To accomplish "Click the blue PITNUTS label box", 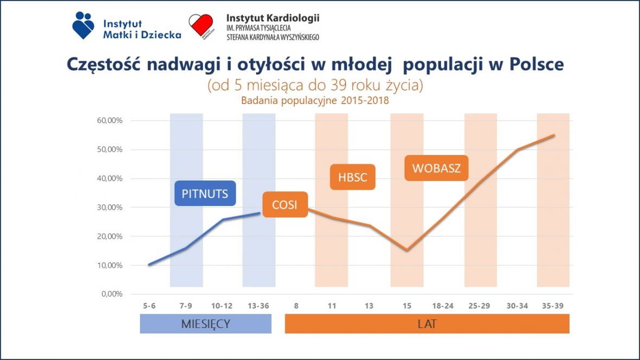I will pos(205,194).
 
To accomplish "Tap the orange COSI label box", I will pos(285,205).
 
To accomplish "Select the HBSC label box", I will pos(353,177).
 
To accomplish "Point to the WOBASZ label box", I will pos(436,168).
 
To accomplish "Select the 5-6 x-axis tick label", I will pos(150,306).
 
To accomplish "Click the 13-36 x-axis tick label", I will pos(259,306).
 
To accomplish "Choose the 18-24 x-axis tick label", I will pos(443,306).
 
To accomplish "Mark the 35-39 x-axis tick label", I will pos(552,306).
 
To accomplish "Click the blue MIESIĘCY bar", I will pos(206,324).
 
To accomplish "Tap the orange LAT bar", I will pos(427,324).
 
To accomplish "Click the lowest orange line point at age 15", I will pos(407,250).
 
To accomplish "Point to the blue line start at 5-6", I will pos(150,265).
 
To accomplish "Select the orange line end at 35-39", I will pos(554,135).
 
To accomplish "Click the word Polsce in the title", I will pos(536,64).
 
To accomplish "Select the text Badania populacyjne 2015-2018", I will pos(315,100).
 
